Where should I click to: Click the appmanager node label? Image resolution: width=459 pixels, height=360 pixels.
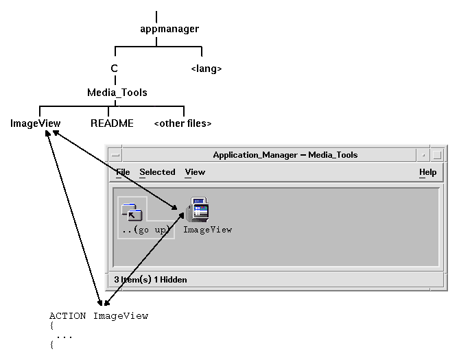click(x=169, y=29)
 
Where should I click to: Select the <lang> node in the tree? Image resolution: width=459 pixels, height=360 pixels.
click(x=206, y=69)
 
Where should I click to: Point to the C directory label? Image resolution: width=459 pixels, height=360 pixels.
click(x=115, y=69)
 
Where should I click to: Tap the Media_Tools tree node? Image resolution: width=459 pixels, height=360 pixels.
click(x=117, y=92)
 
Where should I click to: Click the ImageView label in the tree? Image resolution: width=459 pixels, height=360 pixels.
click(x=36, y=124)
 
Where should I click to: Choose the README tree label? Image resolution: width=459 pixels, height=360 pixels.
click(x=112, y=124)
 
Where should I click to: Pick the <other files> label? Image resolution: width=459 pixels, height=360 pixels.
click(x=183, y=124)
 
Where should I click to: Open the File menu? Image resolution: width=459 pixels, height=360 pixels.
click(x=123, y=172)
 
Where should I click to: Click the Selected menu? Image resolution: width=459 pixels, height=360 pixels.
click(x=157, y=172)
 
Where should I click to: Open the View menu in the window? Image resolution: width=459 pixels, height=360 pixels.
click(x=195, y=172)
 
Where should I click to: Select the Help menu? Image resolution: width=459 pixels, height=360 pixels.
click(x=427, y=172)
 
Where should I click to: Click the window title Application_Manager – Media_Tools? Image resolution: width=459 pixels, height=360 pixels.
click(x=285, y=155)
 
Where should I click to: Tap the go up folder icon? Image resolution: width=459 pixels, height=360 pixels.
click(x=130, y=211)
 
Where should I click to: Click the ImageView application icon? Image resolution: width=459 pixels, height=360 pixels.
click(x=199, y=210)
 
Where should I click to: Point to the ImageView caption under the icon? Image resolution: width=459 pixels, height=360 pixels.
click(x=207, y=230)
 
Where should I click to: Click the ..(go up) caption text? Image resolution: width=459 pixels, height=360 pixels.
click(x=145, y=230)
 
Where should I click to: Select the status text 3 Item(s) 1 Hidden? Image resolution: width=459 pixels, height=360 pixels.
click(x=151, y=279)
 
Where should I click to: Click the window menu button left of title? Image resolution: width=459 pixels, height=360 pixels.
click(x=115, y=155)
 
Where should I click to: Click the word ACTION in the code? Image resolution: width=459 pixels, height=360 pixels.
click(x=67, y=316)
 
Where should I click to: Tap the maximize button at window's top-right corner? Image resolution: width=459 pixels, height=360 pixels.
click(x=438, y=155)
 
